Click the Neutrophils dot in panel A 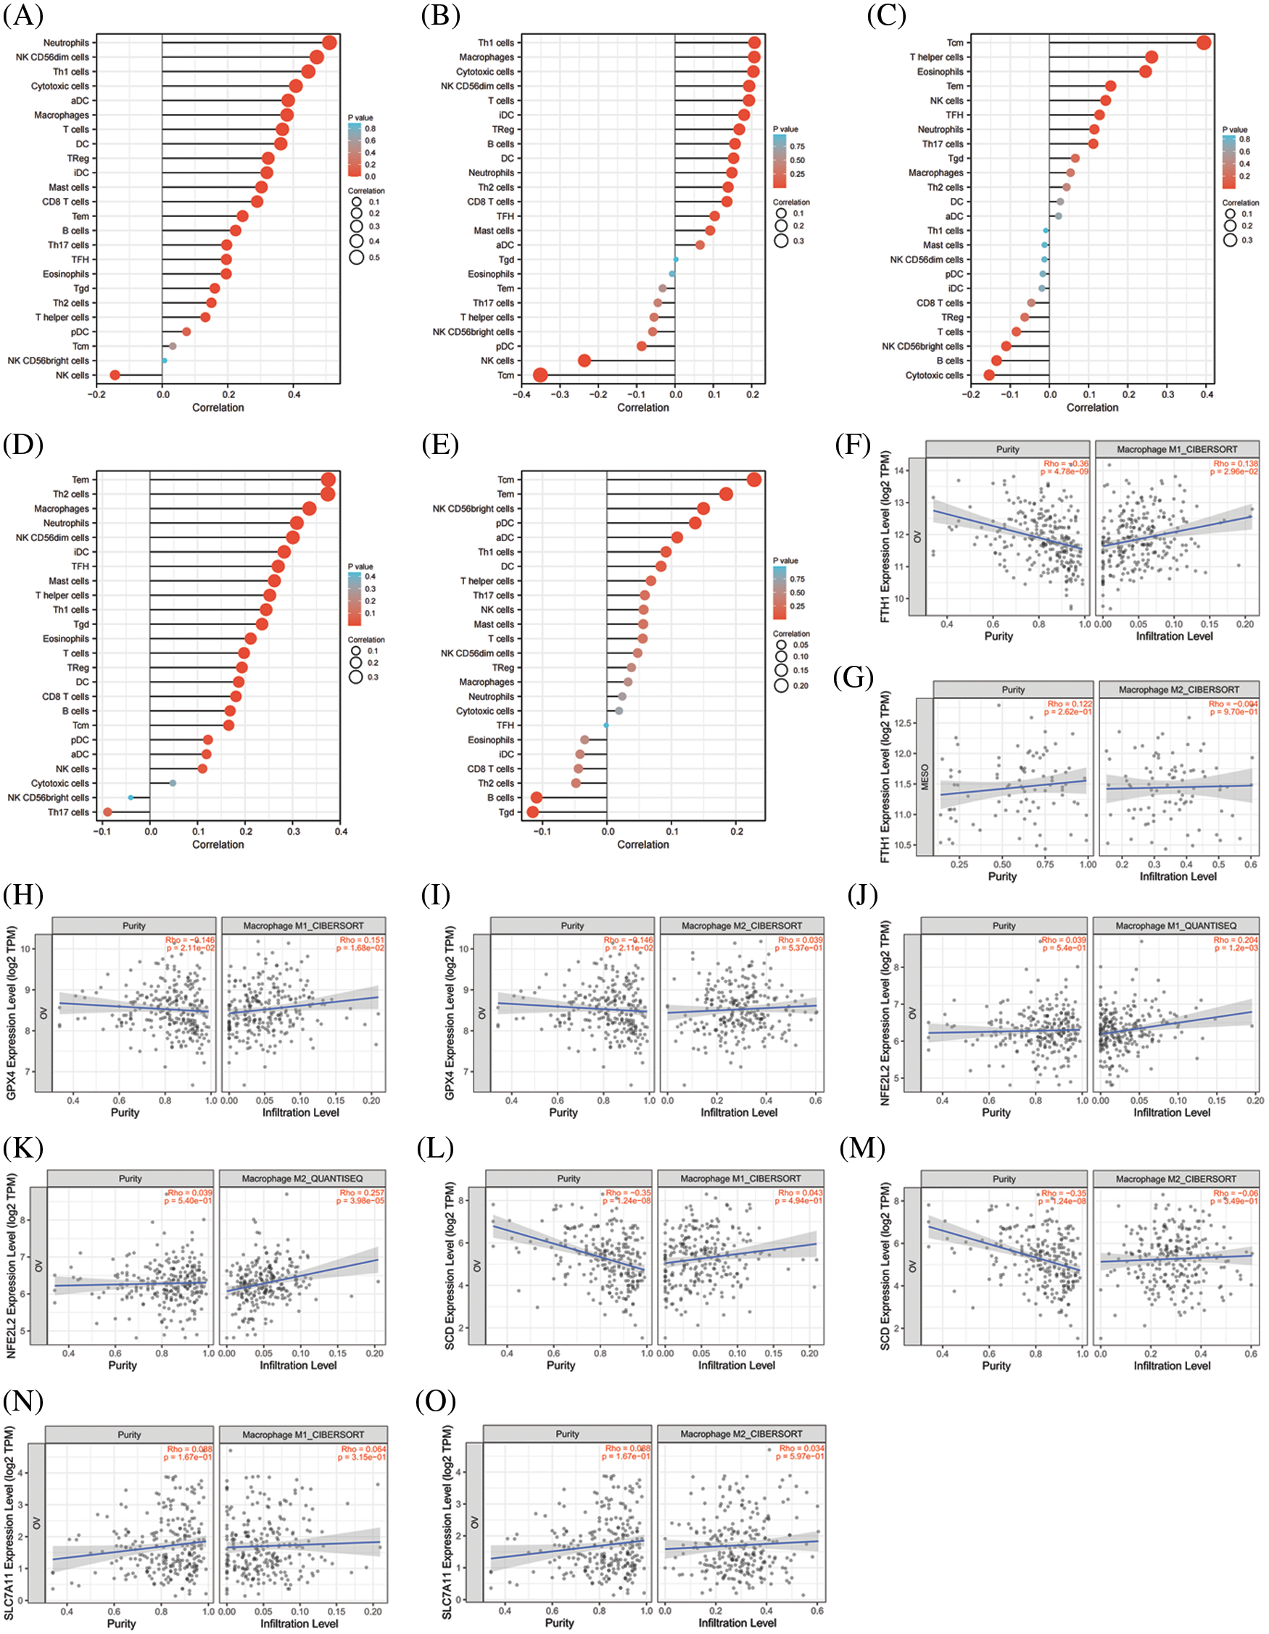[328, 43]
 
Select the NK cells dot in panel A [115, 375]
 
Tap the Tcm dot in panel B [540, 375]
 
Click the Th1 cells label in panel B [495, 43]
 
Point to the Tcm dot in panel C [1203, 43]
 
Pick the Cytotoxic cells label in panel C [934, 375]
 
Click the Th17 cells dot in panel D [108, 812]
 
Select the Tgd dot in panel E [533, 812]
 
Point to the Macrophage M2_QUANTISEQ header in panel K [302, 1179]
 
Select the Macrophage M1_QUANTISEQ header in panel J [1175, 925]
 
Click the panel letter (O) [436, 1400]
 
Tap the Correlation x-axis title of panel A [218, 408]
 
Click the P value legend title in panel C [1235, 129]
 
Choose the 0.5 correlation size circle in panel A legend [356, 257]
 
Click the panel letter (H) [22, 895]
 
